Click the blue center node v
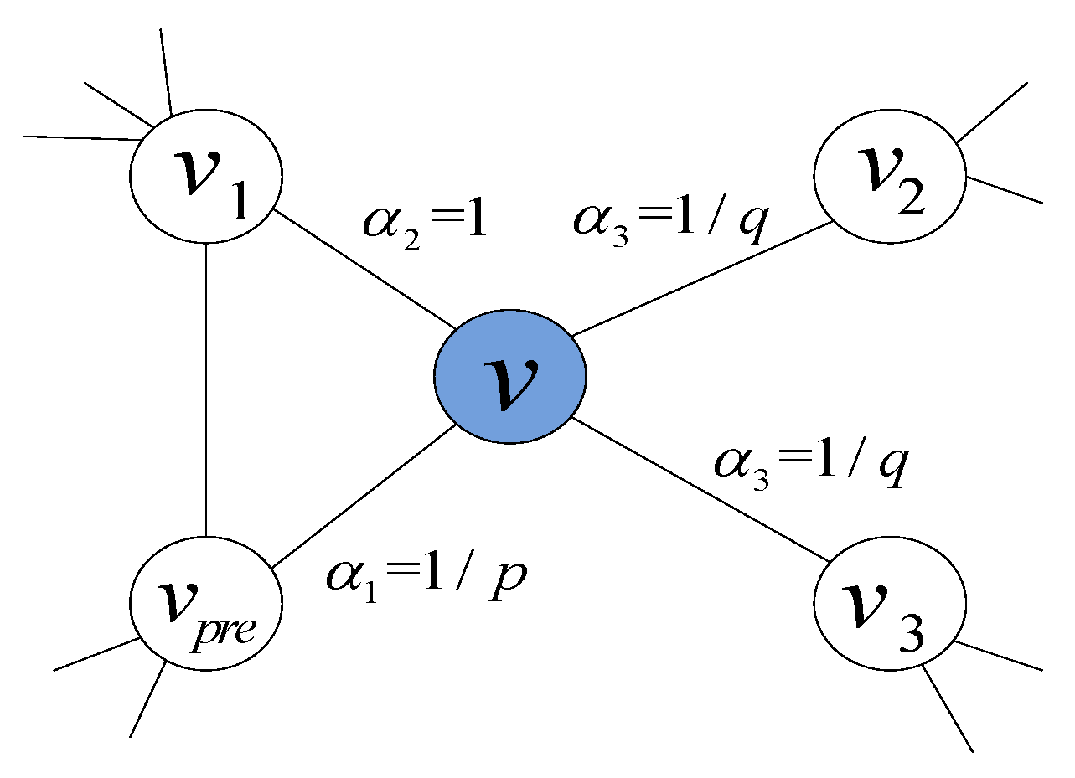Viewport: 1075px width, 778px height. coord(509,376)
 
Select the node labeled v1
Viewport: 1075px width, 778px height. coord(206,176)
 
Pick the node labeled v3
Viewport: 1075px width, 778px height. coord(890,604)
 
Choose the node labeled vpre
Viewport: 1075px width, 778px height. coord(206,604)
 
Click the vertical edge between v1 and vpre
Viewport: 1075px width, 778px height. coord(206,389)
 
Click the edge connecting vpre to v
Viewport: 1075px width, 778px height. coord(360,494)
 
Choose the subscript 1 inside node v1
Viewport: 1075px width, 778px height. coord(237,201)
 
